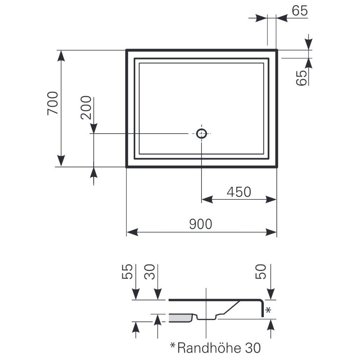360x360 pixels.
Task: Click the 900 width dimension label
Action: coord(201,224)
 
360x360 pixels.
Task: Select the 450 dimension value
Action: coord(238,192)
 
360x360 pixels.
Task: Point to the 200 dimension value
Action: coord(86,108)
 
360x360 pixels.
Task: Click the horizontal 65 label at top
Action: coord(300,11)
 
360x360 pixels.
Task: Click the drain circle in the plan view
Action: coord(201,133)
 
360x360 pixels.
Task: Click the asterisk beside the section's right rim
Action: coord(268,310)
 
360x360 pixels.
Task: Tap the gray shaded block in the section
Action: coord(180,318)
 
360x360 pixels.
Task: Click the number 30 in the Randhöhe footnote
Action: coord(253,347)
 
